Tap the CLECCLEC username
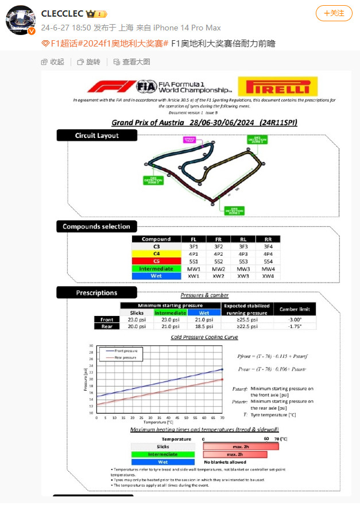click(63, 13)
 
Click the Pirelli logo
click(277, 87)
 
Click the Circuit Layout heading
click(96, 136)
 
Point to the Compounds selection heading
click(96, 226)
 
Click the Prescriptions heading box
click(96, 292)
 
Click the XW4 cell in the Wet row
click(268, 276)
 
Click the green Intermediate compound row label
click(156, 268)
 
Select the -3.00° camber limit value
click(294, 319)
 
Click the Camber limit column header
click(294, 309)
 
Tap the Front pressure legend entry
click(126, 350)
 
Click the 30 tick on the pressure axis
click(91, 346)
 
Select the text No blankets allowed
click(225, 461)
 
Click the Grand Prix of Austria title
click(204, 122)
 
